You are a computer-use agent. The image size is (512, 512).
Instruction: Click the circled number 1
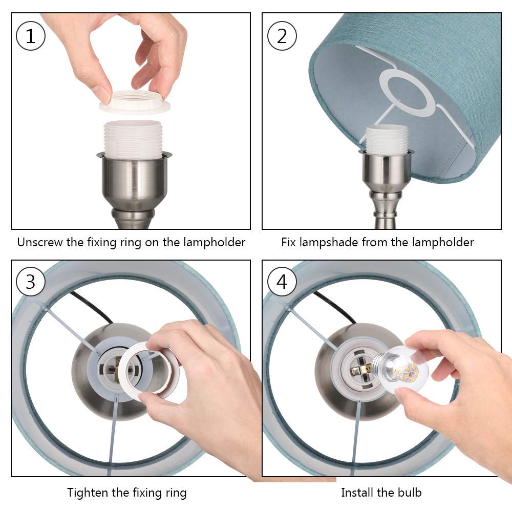click(x=31, y=36)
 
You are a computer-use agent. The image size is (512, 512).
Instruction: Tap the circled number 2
click(x=282, y=36)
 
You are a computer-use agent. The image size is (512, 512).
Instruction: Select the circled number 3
click(x=31, y=282)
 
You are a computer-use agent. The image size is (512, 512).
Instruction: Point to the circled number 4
click(x=282, y=282)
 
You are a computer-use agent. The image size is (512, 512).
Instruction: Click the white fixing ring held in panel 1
click(x=133, y=102)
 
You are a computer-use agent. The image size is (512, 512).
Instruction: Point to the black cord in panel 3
click(x=92, y=306)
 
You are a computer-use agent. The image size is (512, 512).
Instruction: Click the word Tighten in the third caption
click(x=88, y=493)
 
